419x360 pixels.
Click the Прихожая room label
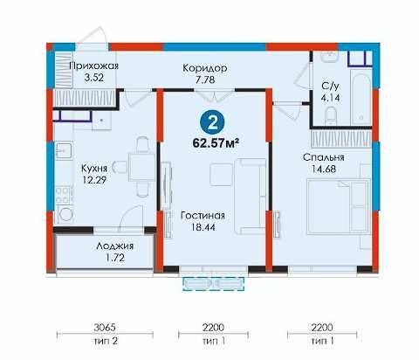[x=93, y=66]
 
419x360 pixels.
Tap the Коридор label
[x=205, y=68]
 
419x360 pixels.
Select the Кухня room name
[x=94, y=168]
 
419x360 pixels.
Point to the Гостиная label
[x=203, y=216]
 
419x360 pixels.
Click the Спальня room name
[x=324, y=157]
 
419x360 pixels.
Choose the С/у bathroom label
[x=330, y=86]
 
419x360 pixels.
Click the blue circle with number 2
[x=213, y=123]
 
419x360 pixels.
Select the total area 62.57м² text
[x=216, y=143]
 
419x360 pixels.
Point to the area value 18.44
[x=203, y=227]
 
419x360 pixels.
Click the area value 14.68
[x=324, y=169]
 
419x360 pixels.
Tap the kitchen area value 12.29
[x=94, y=180]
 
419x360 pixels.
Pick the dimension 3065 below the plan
[x=105, y=328]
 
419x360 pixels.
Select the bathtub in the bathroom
[x=361, y=100]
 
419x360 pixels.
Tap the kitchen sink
[x=64, y=150]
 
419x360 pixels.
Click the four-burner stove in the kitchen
[x=65, y=195]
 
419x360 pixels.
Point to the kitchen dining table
[x=141, y=167]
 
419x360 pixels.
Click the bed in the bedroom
[x=339, y=206]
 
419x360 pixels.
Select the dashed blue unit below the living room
[x=213, y=284]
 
